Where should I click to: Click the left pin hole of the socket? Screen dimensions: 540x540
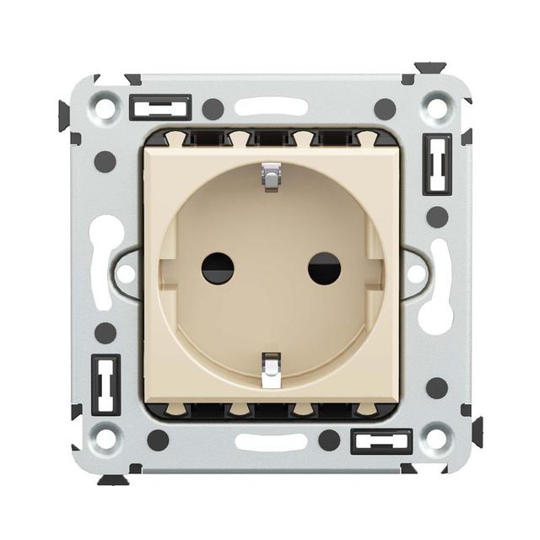point(218,268)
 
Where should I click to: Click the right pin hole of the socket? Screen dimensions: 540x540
point(324,268)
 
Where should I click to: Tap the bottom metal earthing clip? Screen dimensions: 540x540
point(271,370)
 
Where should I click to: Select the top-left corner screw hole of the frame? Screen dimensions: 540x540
point(105,108)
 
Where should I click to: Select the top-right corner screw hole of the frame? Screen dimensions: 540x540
point(437,108)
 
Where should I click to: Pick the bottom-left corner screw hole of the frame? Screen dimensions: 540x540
point(105,438)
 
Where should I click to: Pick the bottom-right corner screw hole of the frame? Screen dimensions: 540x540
point(437,438)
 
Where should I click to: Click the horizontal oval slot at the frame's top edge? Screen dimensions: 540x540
point(271,107)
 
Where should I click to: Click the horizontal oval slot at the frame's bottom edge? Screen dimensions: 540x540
point(271,441)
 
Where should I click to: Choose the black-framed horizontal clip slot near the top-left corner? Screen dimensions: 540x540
point(160,108)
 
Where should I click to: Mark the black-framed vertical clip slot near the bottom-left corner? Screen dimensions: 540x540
point(105,384)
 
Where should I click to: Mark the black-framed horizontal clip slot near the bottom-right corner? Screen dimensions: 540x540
point(381,441)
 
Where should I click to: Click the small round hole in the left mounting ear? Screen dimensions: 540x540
point(126,273)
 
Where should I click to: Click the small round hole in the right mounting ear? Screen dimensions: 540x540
point(416,273)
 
